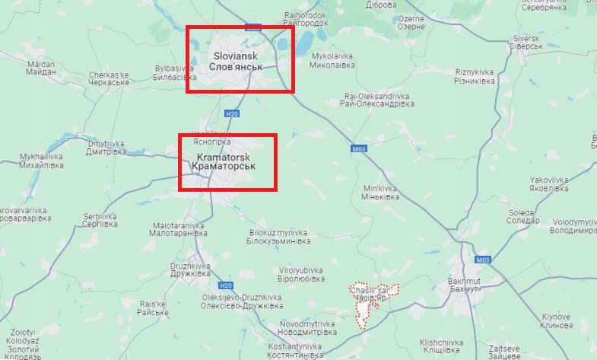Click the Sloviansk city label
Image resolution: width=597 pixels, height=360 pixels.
click(x=235, y=62)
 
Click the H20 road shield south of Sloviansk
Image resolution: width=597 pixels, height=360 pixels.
click(x=231, y=114)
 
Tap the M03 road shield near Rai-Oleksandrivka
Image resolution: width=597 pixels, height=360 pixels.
click(x=359, y=149)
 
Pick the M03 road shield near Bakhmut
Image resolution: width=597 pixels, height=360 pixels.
click(x=482, y=260)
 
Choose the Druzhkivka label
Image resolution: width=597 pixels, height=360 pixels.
click(x=191, y=269)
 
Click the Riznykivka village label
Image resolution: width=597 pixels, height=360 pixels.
click(x=475, y=76)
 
